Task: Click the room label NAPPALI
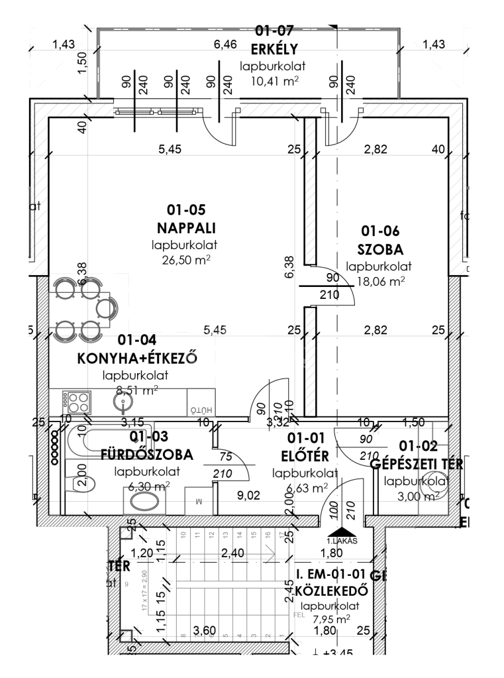tap(187, 229)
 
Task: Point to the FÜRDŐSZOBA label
tap(146, 455)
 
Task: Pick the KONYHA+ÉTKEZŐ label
tap(138, 358)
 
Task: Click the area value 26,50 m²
tap(187, 260)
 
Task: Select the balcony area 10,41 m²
tap(273, 82)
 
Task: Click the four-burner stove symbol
tap(77, 402)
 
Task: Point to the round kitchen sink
tap(122, 402)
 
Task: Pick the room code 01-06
tap(379, 231)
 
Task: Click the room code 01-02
tap(416, 447)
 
